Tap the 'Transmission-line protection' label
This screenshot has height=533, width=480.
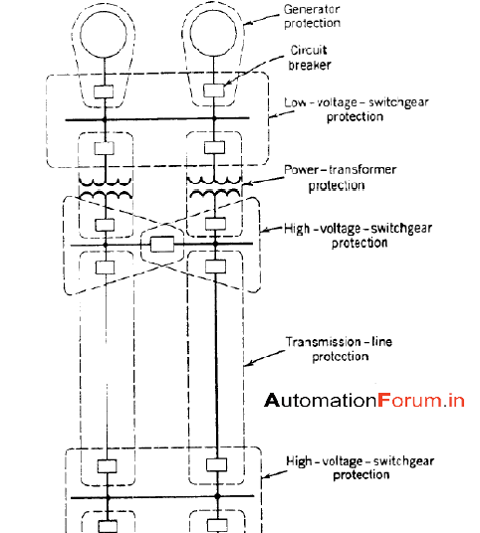pyautogui.click(x=338, y=349)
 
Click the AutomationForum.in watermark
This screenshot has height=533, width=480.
pyautogui.click(x=364, y=401)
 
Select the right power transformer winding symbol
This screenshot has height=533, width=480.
pyautogui.click(x=215, y=186)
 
